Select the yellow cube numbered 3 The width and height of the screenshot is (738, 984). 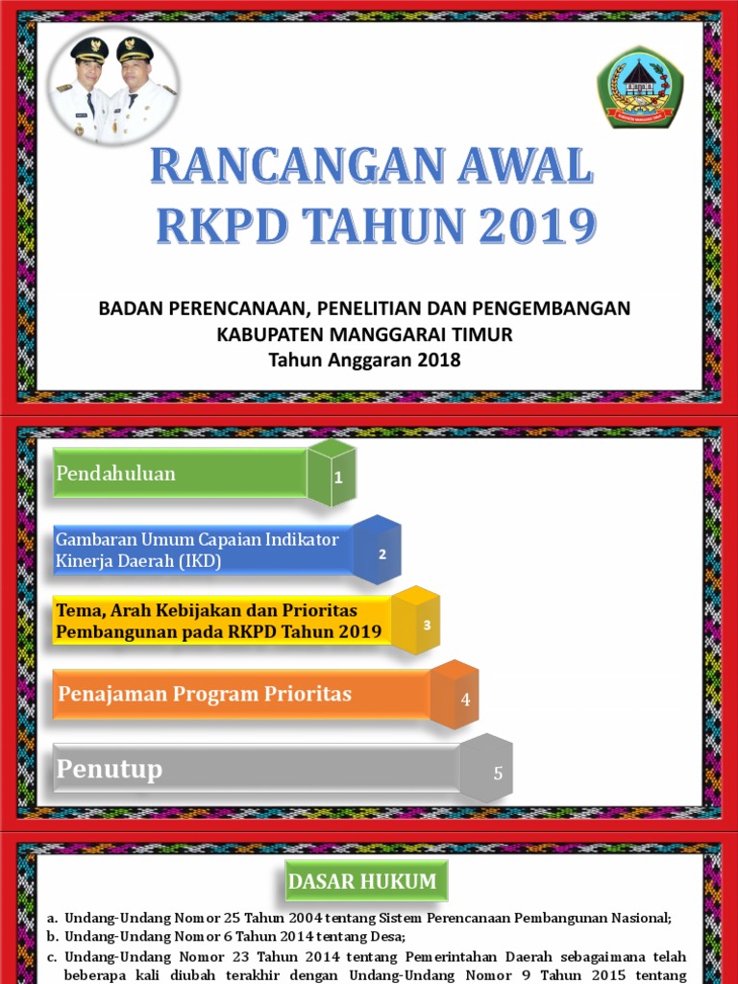click(416, 621)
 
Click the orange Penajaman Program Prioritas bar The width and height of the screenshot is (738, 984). click(240, 695)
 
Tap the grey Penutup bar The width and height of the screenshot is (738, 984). click(256, 770)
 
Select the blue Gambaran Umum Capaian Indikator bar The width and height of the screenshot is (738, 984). click(202, 551)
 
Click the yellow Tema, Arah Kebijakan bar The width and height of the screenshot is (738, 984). click(221, 622)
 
